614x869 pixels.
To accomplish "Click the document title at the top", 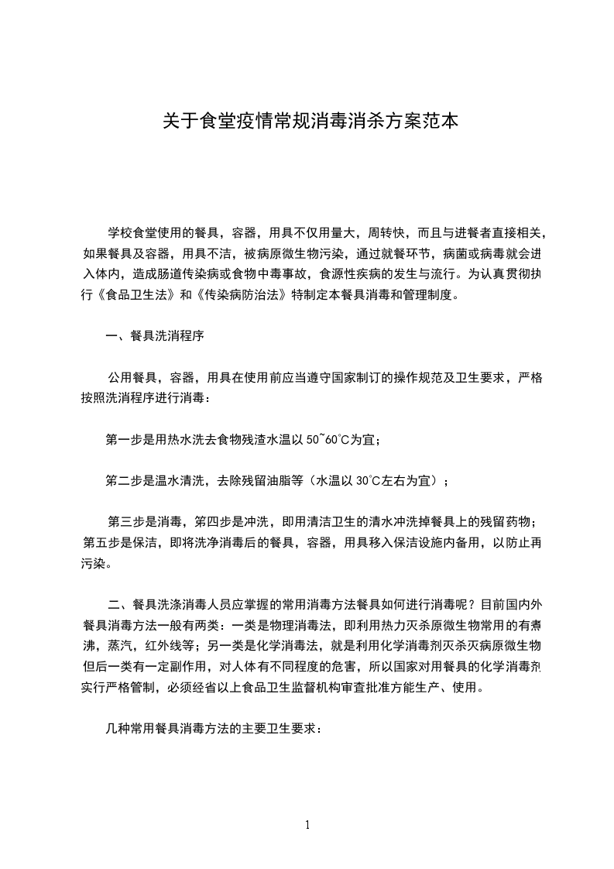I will pyautogui.click(x=307, y=121).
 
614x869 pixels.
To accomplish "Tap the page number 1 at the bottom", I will pyautogui.click(x=307, y=825).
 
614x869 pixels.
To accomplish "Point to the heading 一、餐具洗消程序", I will pyautogui.click(x=155, y=336).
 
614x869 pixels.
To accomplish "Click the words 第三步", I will pyautogui.click(x=125, y=521).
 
